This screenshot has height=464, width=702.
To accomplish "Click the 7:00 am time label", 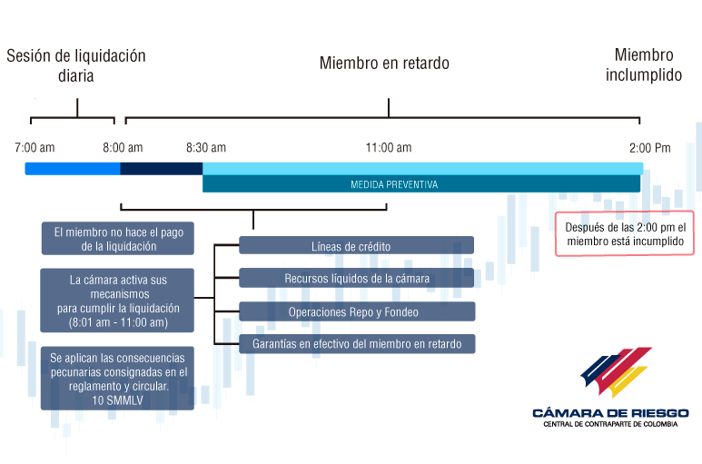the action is pos(35,148).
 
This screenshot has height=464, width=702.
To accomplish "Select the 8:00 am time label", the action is pos(123,148).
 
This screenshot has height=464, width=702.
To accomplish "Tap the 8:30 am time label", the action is pos(206,148).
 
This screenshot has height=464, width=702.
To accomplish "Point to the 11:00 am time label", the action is pos(389,148).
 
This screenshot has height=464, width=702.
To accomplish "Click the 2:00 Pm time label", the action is pos(650,148).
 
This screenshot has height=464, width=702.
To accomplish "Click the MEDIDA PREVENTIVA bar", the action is pos(421,184).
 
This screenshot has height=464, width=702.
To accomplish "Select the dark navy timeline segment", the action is pos(161,169).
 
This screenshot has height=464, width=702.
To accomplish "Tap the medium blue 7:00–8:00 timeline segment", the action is pos(73,169).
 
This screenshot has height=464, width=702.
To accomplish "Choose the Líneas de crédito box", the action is pos(356,245).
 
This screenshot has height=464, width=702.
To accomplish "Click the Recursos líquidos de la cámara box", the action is pos(356,278).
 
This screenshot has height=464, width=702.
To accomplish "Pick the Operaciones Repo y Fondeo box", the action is pos(357,311).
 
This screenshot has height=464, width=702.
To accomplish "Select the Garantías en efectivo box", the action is pos(357,343).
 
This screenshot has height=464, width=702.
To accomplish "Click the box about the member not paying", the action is pos(118,239).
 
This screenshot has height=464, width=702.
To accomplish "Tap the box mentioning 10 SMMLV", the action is pos(117,378).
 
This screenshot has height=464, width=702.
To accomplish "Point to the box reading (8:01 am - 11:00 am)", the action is pos(117,301).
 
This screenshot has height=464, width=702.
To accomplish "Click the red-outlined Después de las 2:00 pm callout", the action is pos(625,233).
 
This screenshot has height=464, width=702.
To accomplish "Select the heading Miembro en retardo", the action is pos(384,63).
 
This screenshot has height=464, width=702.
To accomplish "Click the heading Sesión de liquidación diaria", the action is pos(76,65).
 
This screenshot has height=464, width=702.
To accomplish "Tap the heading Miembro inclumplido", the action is pos(644,64).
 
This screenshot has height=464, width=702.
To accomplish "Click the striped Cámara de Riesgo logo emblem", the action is pos(616,372).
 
